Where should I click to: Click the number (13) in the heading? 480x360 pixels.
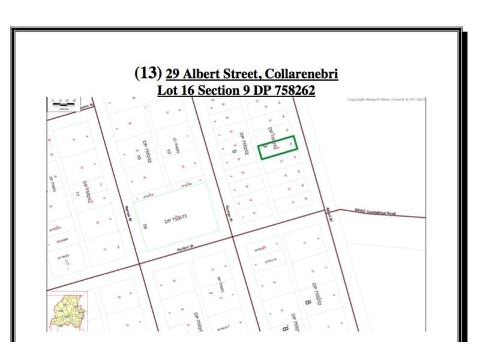point(148,73)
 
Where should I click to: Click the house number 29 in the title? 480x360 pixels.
point(173,74)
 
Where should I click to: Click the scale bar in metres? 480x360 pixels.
point(63,104)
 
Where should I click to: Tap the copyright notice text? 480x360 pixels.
point(386,100)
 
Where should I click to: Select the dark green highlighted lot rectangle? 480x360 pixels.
point(278,147)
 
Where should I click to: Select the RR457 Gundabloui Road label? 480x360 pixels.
point(375,212)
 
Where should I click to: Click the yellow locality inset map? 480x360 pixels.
point(67,311)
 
